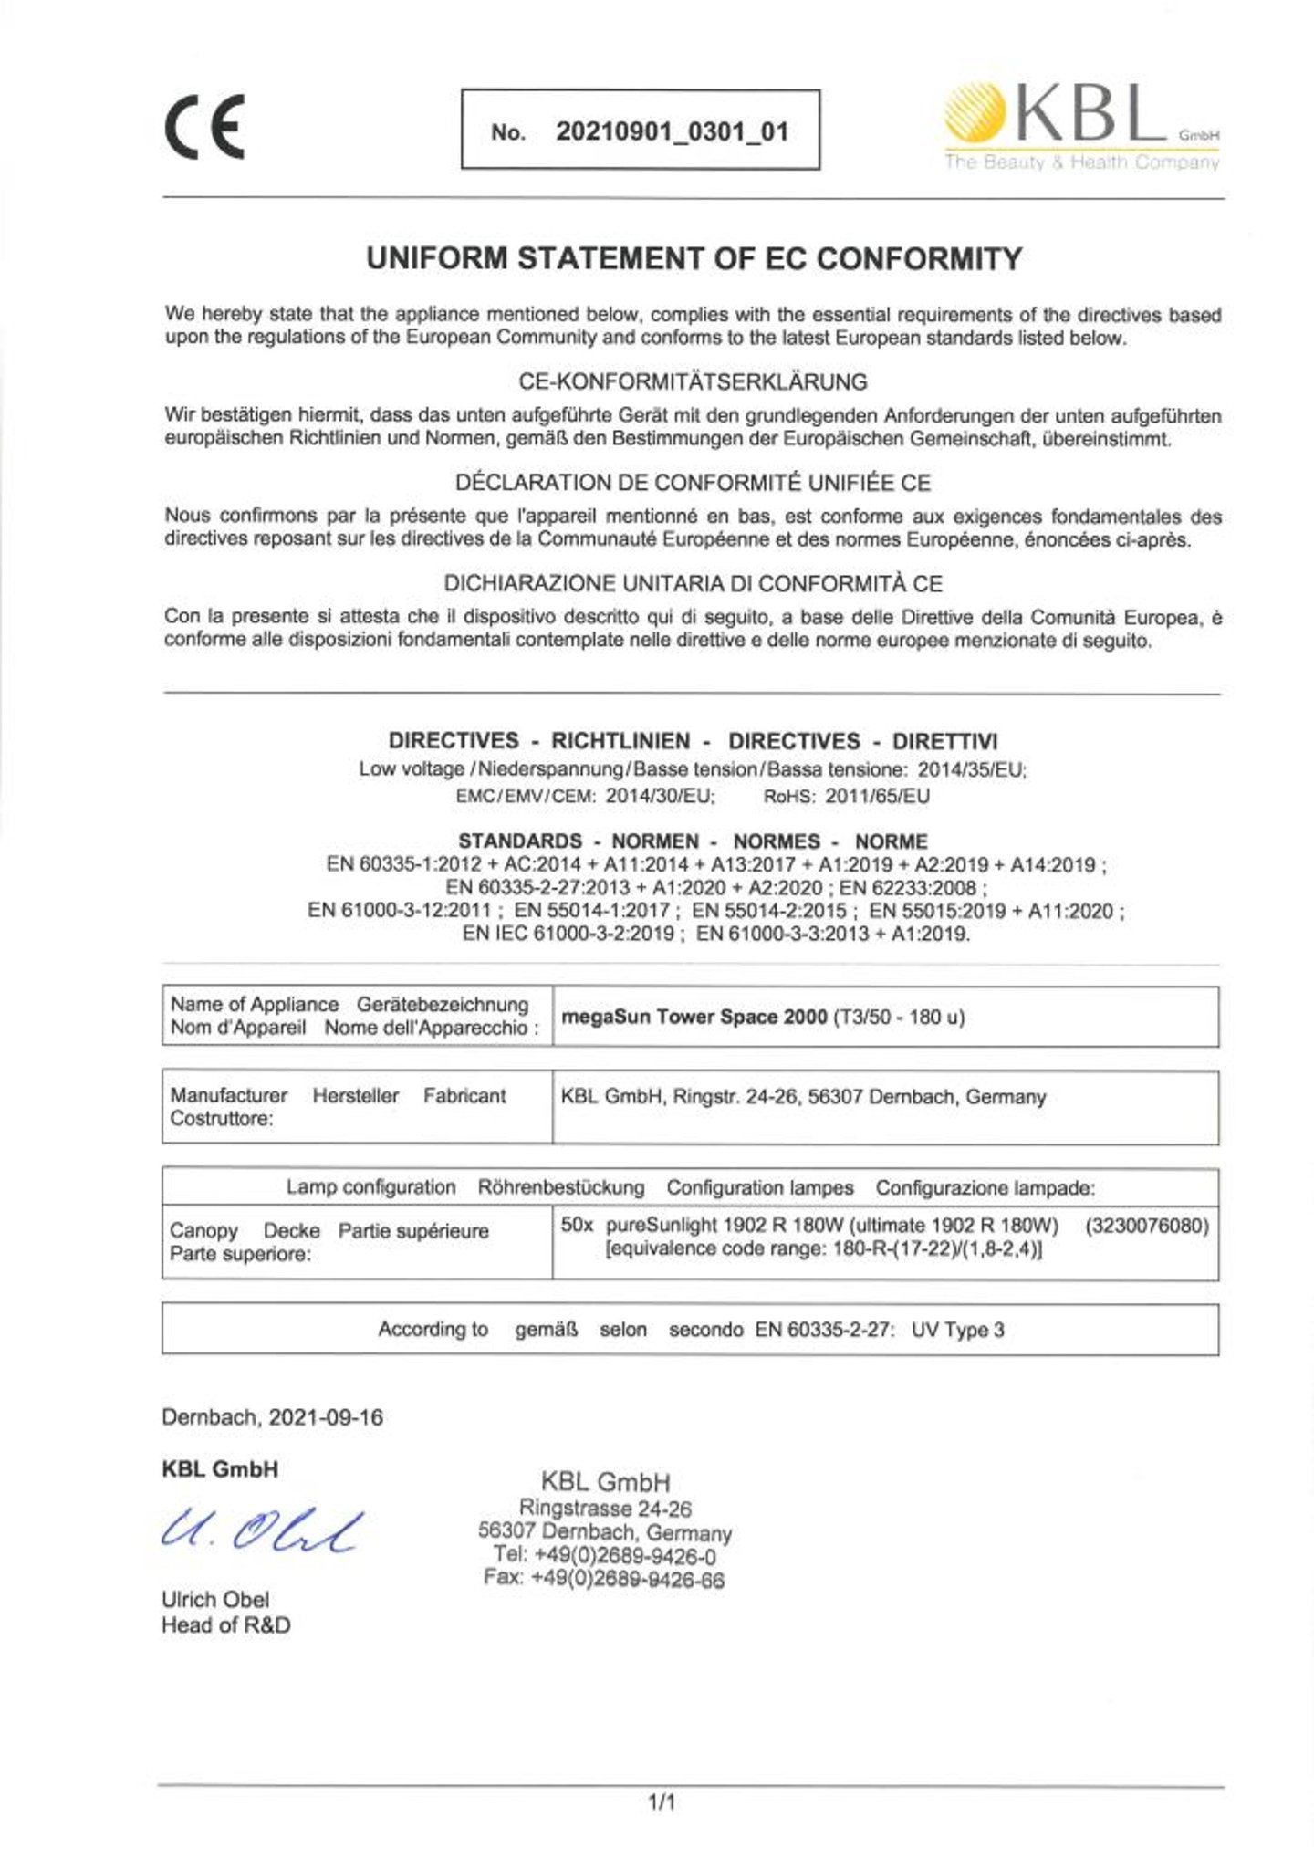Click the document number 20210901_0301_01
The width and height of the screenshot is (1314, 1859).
(x=672, y=131)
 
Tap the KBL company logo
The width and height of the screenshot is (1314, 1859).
(x=1081, y=129)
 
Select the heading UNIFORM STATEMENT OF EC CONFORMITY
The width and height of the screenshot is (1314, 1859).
(x=693, y=259)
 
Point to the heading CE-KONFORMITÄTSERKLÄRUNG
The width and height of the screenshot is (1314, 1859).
(x=693, y=381)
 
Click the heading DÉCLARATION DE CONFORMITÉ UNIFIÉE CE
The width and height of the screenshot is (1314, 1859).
(x=693, y=483)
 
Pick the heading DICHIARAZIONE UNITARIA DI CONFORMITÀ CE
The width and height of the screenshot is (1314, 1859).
(x=693, y=583)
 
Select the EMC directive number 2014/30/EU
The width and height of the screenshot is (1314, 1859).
(x=660, y=796)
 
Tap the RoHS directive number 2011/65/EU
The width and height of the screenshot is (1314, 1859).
(x=877, y=796)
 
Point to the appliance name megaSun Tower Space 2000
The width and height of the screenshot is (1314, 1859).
(x=693, y=1017)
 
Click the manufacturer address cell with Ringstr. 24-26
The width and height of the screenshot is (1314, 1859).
(x=803, y=1097)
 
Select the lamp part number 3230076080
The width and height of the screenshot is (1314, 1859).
(x=1147, y=1226)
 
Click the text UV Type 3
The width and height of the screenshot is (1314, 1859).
(x=957, y=1330)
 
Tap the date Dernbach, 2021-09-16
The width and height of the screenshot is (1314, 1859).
(x=272, y=1417)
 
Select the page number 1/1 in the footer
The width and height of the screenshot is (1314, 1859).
(x=662, y=1802)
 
